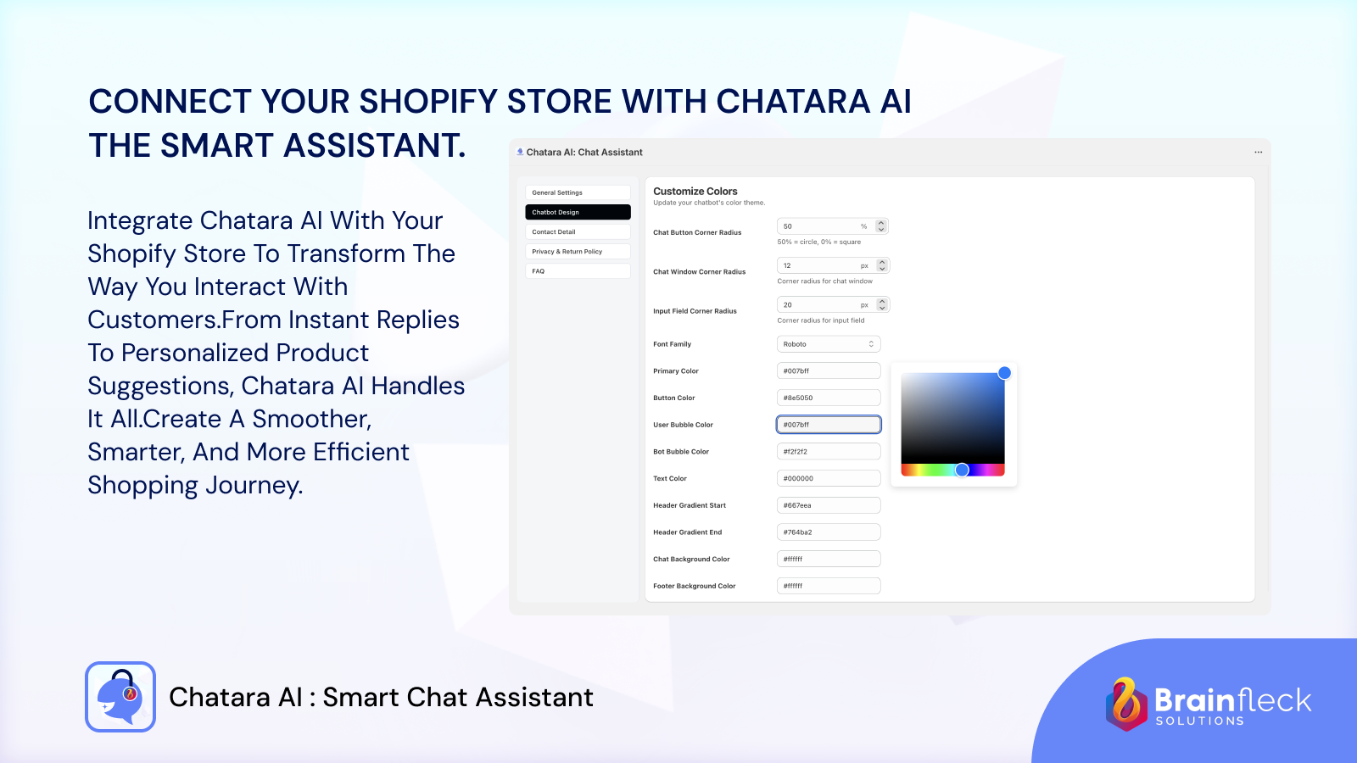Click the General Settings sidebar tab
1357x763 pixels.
click(x=577, y=192)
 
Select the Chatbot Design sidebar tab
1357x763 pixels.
click(x=577, y=212)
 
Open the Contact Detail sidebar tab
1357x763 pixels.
click(x=577, y=231)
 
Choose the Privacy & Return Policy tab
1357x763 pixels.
click(x=577, y=252)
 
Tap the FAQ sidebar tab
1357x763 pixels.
click(x=577, y=271)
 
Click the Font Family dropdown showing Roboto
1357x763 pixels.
click(x=829, y=344)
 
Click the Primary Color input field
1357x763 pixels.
click(x=829, y=371)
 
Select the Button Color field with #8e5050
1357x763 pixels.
click(x=829, y=398)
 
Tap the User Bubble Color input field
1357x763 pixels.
click(x=829, y=425)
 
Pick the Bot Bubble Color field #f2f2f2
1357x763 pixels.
click(x=829, y=452)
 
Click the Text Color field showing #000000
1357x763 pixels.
click(x=829, y=478)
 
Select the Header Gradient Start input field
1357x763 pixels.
click(x=829, y=505)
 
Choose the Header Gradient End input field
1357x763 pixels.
click(x=829, y=532)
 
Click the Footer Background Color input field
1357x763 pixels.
click(x=829, y=586)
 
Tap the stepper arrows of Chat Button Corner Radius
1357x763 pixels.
click(x=881, y=226)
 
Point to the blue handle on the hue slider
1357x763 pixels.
click(x=962, y=470)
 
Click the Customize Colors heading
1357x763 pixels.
click(x=695, y=192)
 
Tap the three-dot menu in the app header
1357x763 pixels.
click(x=1258, y=153)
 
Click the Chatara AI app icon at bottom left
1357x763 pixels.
click(x=120, y=697)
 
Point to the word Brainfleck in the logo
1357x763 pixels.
click(x=1232, y=700)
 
